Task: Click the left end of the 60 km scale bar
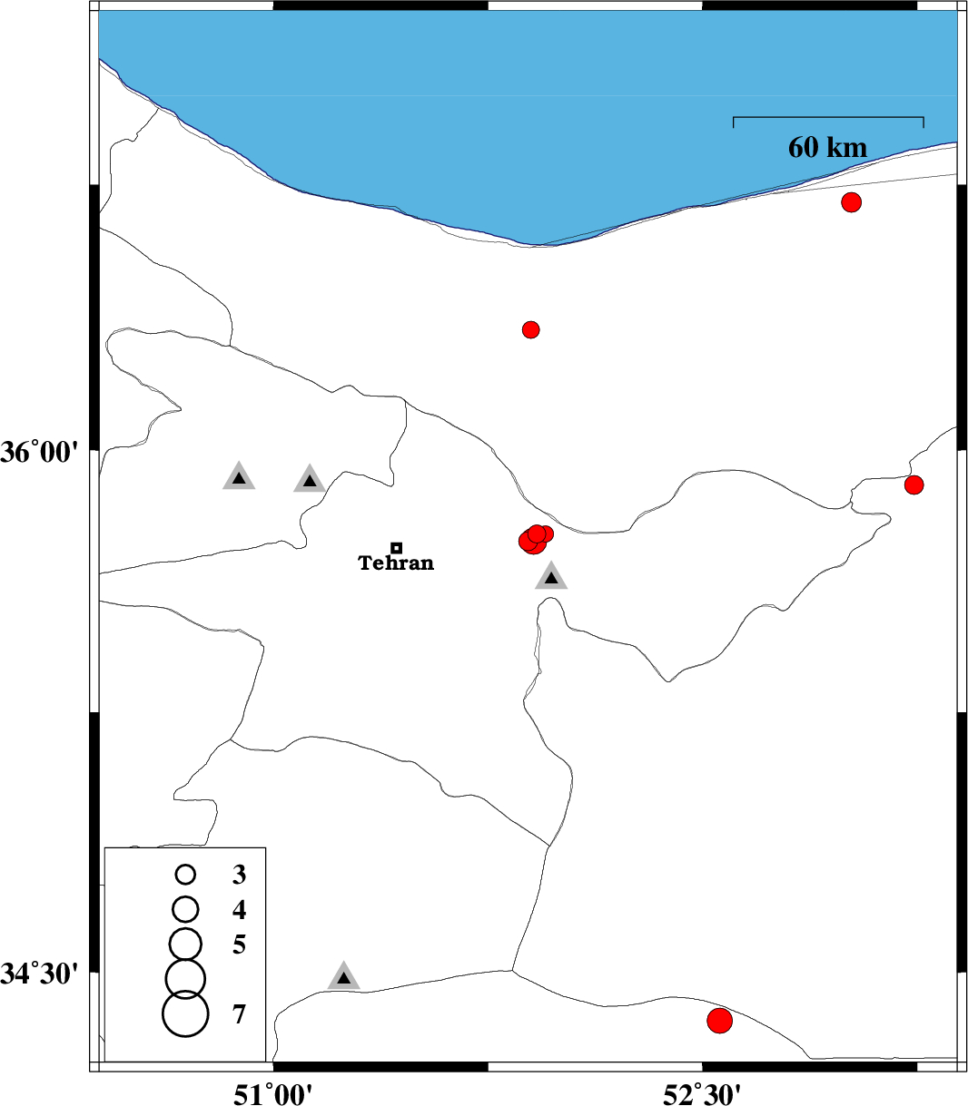point(733,117)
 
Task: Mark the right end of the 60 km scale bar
point(924,117)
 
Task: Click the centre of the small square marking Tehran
point(396,548)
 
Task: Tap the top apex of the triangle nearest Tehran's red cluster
point(551,561)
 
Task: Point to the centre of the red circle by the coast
point(851,202)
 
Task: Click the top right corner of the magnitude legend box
point(266,847)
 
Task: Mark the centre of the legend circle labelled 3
point(185,874)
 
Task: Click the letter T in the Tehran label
point(365,563)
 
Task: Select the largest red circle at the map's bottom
point(719,1021)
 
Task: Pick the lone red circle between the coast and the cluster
point(531,329)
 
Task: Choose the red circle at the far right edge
point(914,484)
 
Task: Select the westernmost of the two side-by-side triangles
point(239,476)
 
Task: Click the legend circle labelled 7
point(185,1013)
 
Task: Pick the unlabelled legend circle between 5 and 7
point(185,978)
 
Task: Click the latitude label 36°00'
point(39,452)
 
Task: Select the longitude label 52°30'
point(702,1092)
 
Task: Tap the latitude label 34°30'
point(39,974)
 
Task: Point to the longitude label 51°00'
point(272,1092)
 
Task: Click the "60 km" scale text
point(827,147)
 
